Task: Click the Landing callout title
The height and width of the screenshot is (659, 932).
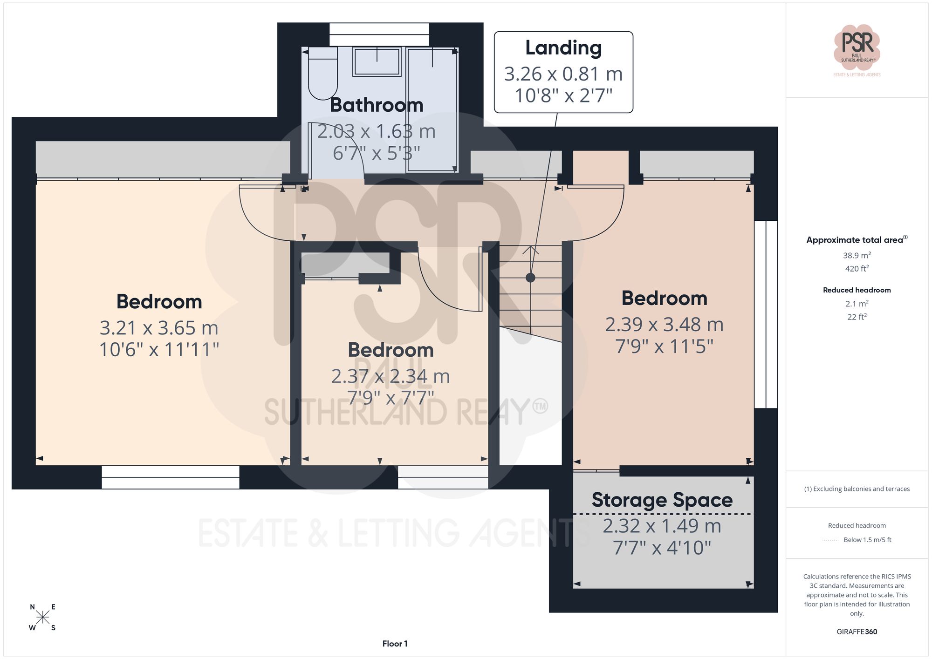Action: tap(563, 48)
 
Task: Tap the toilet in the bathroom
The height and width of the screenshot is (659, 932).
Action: tap(322, 77)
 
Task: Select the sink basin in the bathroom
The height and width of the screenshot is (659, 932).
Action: tap(377, 61)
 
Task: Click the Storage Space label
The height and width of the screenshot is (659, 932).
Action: tap(662, 500)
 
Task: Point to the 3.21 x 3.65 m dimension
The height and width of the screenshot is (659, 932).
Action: tap(159, 328)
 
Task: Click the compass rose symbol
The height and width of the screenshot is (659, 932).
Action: tap(42, 618)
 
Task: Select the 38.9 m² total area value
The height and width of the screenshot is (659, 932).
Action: tap(857, 255)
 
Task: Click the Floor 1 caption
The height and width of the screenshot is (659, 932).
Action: tap(395, 644)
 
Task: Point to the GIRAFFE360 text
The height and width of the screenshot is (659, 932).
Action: tap(857, 632)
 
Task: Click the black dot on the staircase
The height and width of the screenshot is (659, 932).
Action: tap(530, 278)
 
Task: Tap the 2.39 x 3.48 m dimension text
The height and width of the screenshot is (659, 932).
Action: tap(664, 325)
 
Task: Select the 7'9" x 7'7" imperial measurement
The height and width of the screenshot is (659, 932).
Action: tap(391, 398)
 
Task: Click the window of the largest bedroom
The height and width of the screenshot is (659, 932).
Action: tap(170, 477)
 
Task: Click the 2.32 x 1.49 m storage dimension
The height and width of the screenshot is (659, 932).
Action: tap(662, 526)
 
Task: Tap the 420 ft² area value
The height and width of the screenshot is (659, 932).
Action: tap(857, 268)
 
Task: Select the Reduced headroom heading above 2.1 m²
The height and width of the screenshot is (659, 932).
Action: tap(857, 290)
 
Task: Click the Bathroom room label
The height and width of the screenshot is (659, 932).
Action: tap(377, 105)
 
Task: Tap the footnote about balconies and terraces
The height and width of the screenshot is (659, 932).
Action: tap(857, 489)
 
